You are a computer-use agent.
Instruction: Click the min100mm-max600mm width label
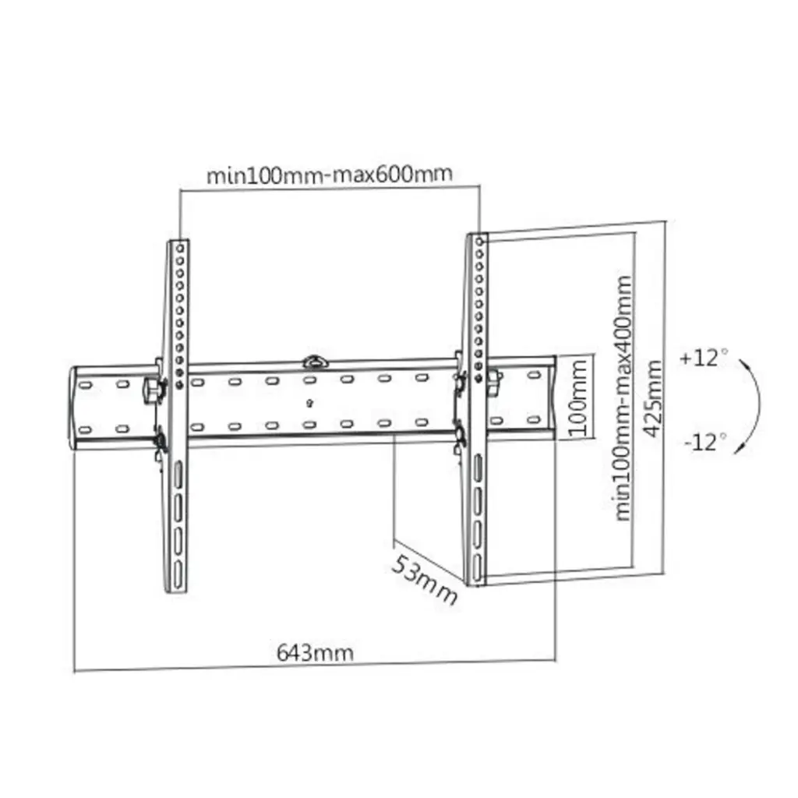(x=329, y=174)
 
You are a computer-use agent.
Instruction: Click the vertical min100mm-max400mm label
(x=623, y=397)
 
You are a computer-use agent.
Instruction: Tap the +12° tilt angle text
(x=702, y=359)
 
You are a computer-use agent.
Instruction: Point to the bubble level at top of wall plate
(x=315, y=362)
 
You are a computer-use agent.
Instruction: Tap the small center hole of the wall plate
(x=310, y=403)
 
